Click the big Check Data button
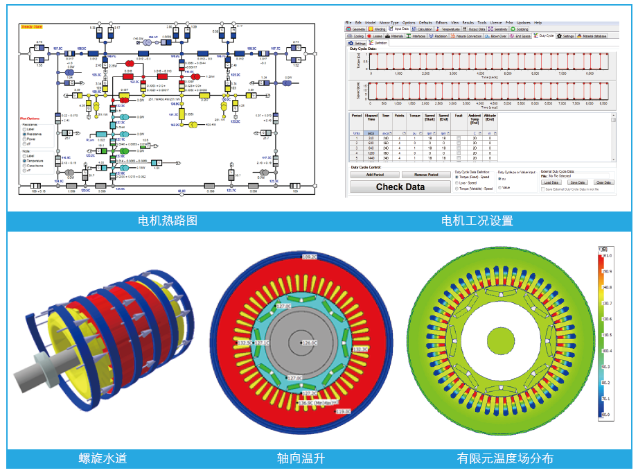coord(400,187)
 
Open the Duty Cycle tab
coord(544,35)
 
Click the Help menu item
coord(538,23)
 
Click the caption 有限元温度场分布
coord(505,458)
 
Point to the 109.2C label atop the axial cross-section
coord(309,257)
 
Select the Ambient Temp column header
coord(475,119)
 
